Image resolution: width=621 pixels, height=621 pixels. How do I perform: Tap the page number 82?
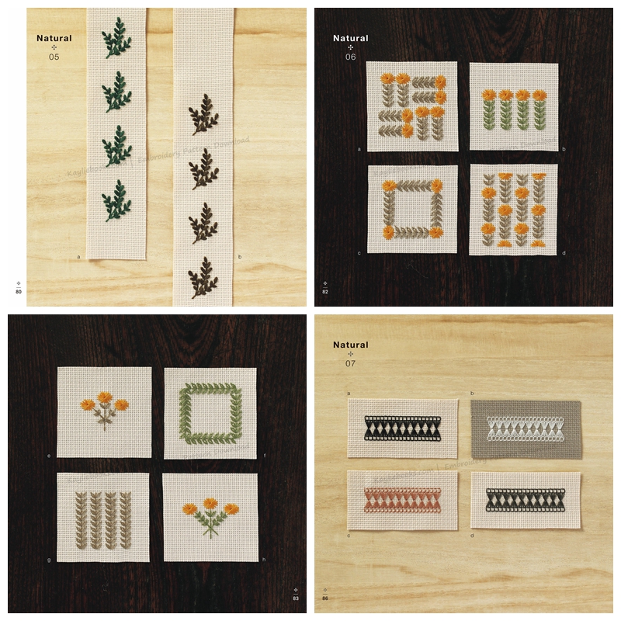point(325,291)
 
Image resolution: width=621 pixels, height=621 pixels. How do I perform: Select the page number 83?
point(296,598)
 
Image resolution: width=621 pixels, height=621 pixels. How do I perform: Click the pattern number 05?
point(54,57)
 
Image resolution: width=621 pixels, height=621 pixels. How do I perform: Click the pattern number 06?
point(350,57)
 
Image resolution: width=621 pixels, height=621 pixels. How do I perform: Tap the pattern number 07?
point(351,363)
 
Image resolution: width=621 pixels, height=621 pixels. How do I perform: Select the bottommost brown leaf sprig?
point(204,277)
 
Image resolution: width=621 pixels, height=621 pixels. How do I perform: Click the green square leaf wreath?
point(210,413)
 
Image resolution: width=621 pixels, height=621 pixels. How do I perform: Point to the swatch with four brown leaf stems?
point(102,518)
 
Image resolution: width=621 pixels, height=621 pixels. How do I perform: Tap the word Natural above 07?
point(351,345)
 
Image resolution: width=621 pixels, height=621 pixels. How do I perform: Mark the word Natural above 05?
point(54,38)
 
